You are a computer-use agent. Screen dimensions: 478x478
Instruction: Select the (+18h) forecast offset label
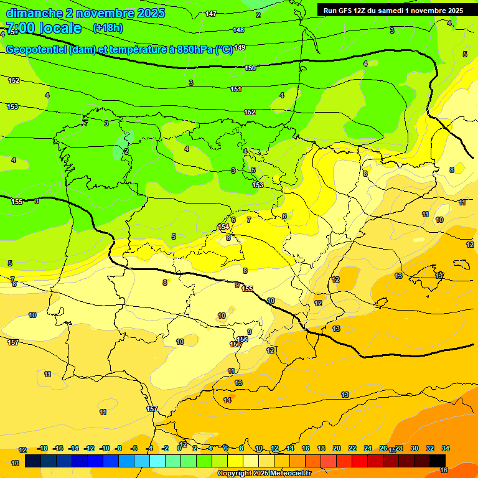108,28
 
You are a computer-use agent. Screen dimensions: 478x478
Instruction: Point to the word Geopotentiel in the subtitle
35,50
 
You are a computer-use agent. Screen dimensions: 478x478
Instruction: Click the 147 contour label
211,14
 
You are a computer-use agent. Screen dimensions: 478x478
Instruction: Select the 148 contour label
238,30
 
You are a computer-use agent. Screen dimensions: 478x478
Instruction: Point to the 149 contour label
240,48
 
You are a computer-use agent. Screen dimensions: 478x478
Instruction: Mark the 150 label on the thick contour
250,68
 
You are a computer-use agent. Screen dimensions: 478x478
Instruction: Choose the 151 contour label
236,89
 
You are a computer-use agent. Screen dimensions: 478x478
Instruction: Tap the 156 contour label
243,339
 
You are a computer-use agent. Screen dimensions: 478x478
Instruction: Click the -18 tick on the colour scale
42,448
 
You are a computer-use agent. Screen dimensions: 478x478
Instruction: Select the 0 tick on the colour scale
179,448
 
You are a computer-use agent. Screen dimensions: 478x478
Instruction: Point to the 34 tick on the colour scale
446,448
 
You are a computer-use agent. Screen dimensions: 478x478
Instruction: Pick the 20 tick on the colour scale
337,448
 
